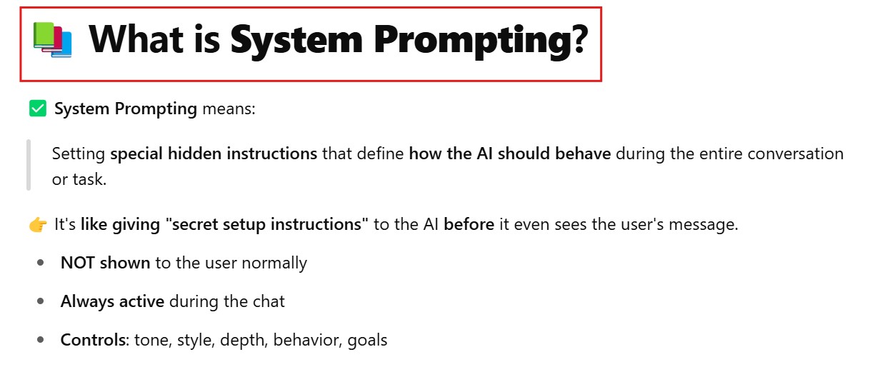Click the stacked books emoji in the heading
(52, 39)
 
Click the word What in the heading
(136, 39)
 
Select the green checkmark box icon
(38, 109)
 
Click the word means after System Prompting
(229, 109)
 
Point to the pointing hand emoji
(38, 225)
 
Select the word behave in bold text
(583, 154)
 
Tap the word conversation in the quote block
(796, 154)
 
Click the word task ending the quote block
(89, 179)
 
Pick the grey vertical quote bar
(29, 165)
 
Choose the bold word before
(469, 224)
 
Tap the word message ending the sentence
(704, 225)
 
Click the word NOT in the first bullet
(78, 263)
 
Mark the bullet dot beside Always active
(41, 301)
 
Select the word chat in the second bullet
(269, 301)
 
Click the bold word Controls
(95, 340)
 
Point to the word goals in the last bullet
(367, 341)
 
